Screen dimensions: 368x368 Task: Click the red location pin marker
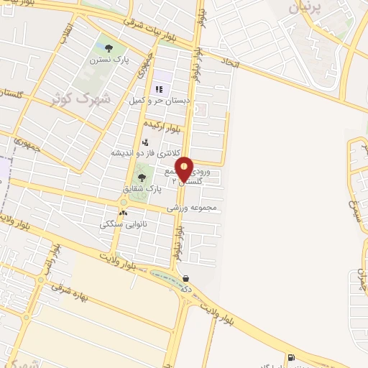185,168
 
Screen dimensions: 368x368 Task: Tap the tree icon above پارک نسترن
109,49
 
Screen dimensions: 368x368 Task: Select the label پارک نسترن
108,61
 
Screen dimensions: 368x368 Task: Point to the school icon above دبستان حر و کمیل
159,89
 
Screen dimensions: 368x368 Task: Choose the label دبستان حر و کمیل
160,101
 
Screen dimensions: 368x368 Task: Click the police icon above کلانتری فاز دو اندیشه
145,142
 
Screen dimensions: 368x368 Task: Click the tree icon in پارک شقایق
141,176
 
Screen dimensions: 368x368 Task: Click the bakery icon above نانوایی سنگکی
123,213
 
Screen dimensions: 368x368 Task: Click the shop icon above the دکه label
186,279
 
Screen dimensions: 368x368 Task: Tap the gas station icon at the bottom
290,357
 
